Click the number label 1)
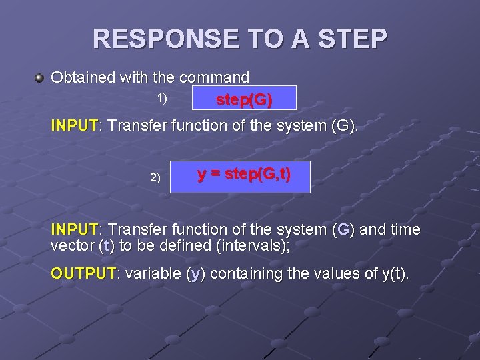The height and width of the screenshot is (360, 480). pyautogui.click(x=162, y=98)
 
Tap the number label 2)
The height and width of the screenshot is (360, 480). pyautogui.click(x=155, y=177)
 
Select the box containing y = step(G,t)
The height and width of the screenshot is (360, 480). pyautogui.click(x=240, y=176)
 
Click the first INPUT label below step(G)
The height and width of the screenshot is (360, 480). pyautogui.click(x=74, y=125)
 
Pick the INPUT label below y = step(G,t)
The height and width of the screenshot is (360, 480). pyautogui.click(x=74, y=230)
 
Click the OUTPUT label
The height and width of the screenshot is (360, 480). pyautogui.click(x=83, y=273)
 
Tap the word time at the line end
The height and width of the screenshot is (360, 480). pyautogui.click(x=405, y=230)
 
